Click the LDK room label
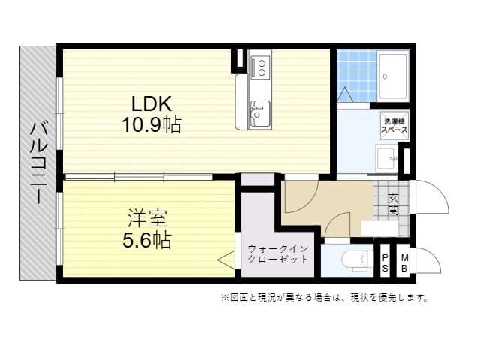pos(151,103)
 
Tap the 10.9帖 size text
pos(151,124)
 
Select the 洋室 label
pos(148,218)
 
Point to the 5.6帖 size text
pos(147,240)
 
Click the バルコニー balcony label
pos(38,163)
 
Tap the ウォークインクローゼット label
pos(278,253)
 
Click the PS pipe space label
pos(385,263)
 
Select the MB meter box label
pos(404,263)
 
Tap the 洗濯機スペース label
pos(394,125)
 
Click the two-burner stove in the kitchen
pos(260,67)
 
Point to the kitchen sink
pos(260,114)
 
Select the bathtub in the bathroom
pos(393,76)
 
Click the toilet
pos(357,260)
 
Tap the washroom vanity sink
pos(387,159)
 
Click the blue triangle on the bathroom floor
pos(345,95)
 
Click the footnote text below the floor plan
pos(325,297)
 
